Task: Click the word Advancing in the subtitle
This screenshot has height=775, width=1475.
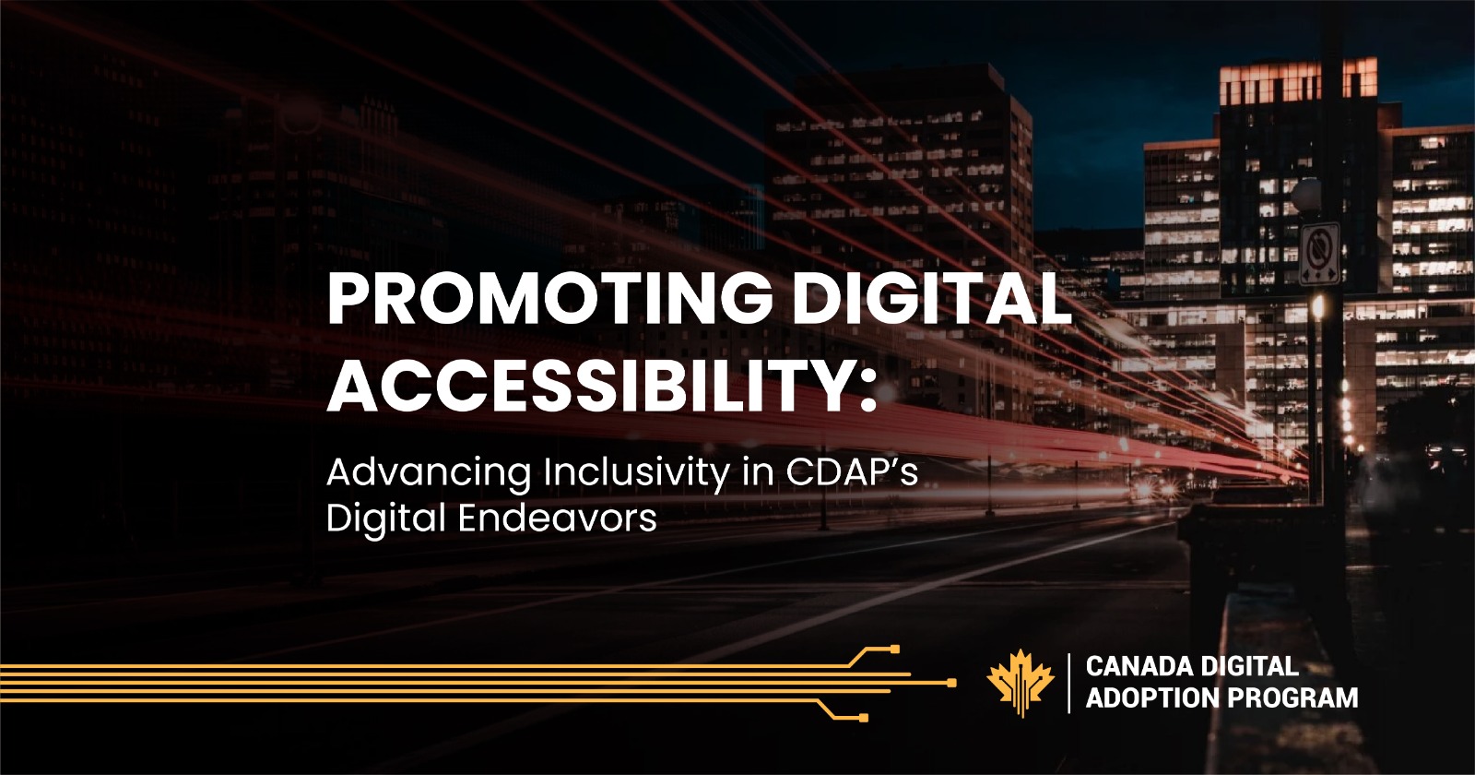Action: (429, 473)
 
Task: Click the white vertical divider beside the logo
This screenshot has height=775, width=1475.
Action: (1069, 683)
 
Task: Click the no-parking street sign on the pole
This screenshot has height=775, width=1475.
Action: (1319, 253)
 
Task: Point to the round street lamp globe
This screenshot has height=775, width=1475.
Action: (1306, 195)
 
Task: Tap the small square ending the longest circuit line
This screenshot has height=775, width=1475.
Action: (951, 683)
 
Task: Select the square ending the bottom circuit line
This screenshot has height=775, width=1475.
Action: (864, 717)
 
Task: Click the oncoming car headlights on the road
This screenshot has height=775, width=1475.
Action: (1148, 488)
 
